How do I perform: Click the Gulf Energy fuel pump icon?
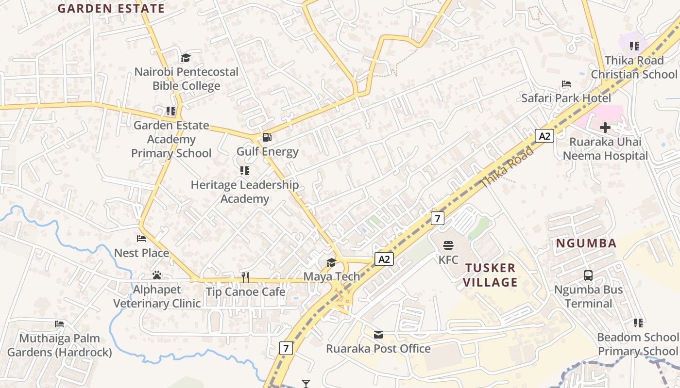coord(267,137)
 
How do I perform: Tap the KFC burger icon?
coord(448,245)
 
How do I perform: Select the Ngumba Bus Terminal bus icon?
coord(588,275)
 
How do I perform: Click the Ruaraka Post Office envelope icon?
coord(378,334)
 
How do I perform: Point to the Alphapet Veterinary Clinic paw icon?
coord(156,275)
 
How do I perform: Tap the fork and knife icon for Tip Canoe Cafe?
coord(245,277)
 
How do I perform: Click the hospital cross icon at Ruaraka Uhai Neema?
coord(605,128)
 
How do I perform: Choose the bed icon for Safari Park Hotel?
coord(566,84)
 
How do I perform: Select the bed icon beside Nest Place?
coord(141,239)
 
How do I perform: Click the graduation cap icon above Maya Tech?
coord(331,262)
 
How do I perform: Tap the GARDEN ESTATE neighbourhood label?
coord(111,8)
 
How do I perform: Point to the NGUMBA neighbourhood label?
coord(586,243)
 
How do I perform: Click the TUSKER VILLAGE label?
coord(490,275)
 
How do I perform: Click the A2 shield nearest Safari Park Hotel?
coord(544,136)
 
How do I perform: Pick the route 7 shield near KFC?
coord(437,218)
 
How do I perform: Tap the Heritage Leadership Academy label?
coord(245,192)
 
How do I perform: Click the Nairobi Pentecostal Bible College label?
coord(187,79)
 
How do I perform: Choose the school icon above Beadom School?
coord(638,323)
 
